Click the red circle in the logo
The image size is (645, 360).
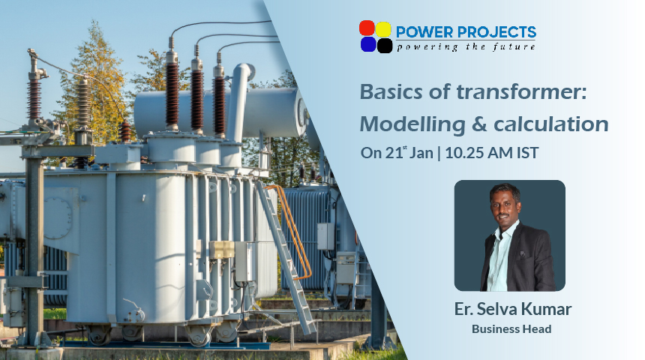tap(367, 28)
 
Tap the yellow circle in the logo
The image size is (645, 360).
tap(383, 29)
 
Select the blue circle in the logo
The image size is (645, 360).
tap(368, 44)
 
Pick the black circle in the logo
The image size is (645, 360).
tap(385, 45)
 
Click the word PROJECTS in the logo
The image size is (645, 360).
tap(496, 32)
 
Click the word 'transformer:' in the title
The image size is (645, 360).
tap(521, 91)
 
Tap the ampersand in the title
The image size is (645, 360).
tap(479, 124)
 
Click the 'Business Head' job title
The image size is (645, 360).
tap(511, 329)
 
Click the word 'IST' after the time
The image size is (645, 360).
tap(527, 153)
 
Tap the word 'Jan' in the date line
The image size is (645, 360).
tap(421, 153)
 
